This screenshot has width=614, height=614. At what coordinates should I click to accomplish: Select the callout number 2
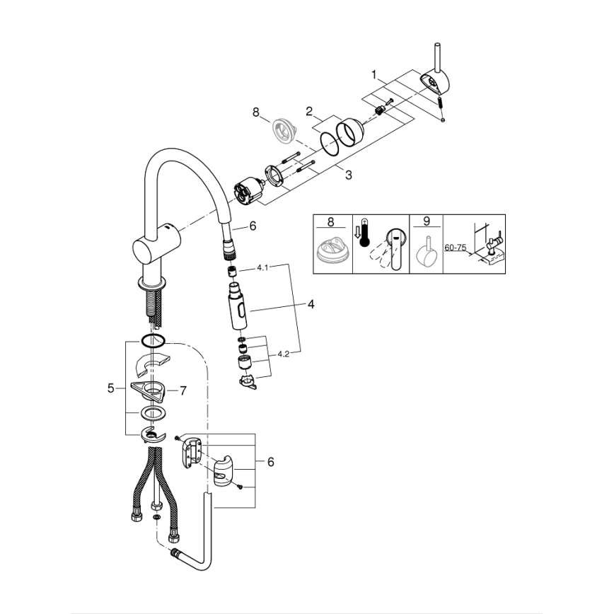point(309,110)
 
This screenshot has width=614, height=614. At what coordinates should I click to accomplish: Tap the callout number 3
point(349,174)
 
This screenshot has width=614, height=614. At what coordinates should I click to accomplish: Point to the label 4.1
point(262,269)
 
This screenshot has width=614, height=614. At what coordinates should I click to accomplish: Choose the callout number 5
point(111,388)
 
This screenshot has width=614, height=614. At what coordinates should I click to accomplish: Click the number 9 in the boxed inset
point(426,221)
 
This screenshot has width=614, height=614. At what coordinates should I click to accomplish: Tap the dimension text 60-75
point(456,248)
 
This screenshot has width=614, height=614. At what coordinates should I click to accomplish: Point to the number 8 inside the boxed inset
point(330,221)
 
